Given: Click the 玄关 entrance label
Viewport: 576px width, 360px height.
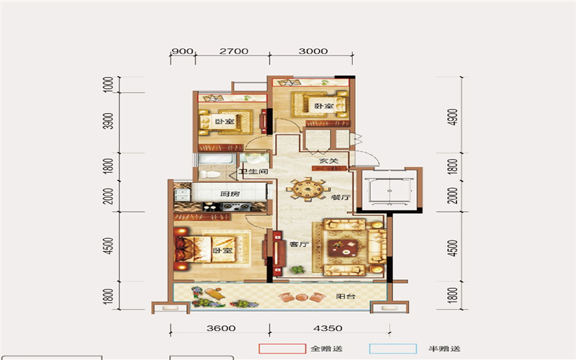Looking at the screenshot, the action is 328,161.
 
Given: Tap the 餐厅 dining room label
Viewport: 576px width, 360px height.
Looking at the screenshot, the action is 341,197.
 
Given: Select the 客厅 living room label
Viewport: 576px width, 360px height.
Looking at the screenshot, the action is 299,244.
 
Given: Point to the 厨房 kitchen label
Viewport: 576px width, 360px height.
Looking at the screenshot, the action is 230,194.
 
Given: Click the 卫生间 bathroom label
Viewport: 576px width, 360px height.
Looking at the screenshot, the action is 253,171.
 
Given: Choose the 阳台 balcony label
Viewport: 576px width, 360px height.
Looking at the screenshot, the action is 346,296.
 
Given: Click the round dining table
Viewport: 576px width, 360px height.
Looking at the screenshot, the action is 305,189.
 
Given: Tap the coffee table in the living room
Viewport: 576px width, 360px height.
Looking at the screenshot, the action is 343,248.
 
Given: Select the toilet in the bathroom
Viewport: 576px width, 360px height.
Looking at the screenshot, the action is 210,174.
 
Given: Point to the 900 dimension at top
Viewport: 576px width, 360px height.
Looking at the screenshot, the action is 182,51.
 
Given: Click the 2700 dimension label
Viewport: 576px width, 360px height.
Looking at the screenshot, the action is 233,51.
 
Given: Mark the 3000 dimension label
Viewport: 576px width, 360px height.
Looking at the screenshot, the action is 313,51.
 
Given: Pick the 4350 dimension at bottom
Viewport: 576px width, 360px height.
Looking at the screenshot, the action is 328,328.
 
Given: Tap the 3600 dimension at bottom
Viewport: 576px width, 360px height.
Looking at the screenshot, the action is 221,328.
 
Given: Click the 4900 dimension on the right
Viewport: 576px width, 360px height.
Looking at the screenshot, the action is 454,117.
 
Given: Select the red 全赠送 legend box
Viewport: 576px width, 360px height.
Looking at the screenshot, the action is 282,348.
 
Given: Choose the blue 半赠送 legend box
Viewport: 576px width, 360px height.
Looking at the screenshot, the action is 392,348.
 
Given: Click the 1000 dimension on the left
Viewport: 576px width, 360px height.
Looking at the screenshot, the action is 109,84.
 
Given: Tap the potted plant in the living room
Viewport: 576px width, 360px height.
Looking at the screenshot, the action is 298,269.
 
